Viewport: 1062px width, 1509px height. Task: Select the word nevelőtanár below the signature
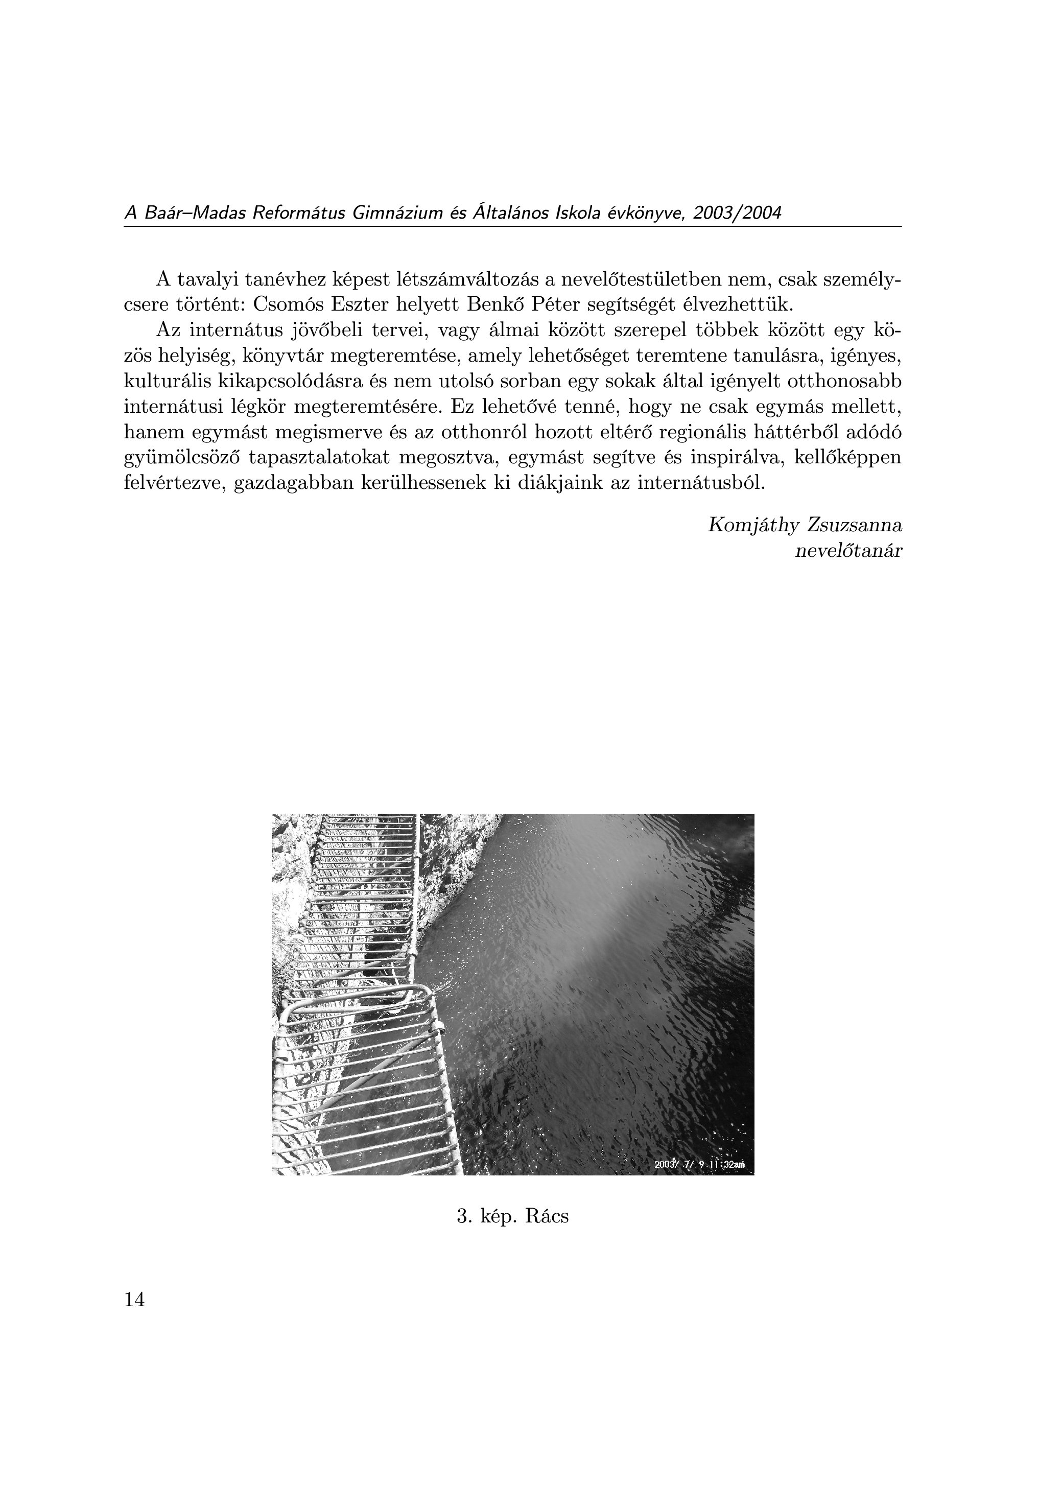coord(848,551)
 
